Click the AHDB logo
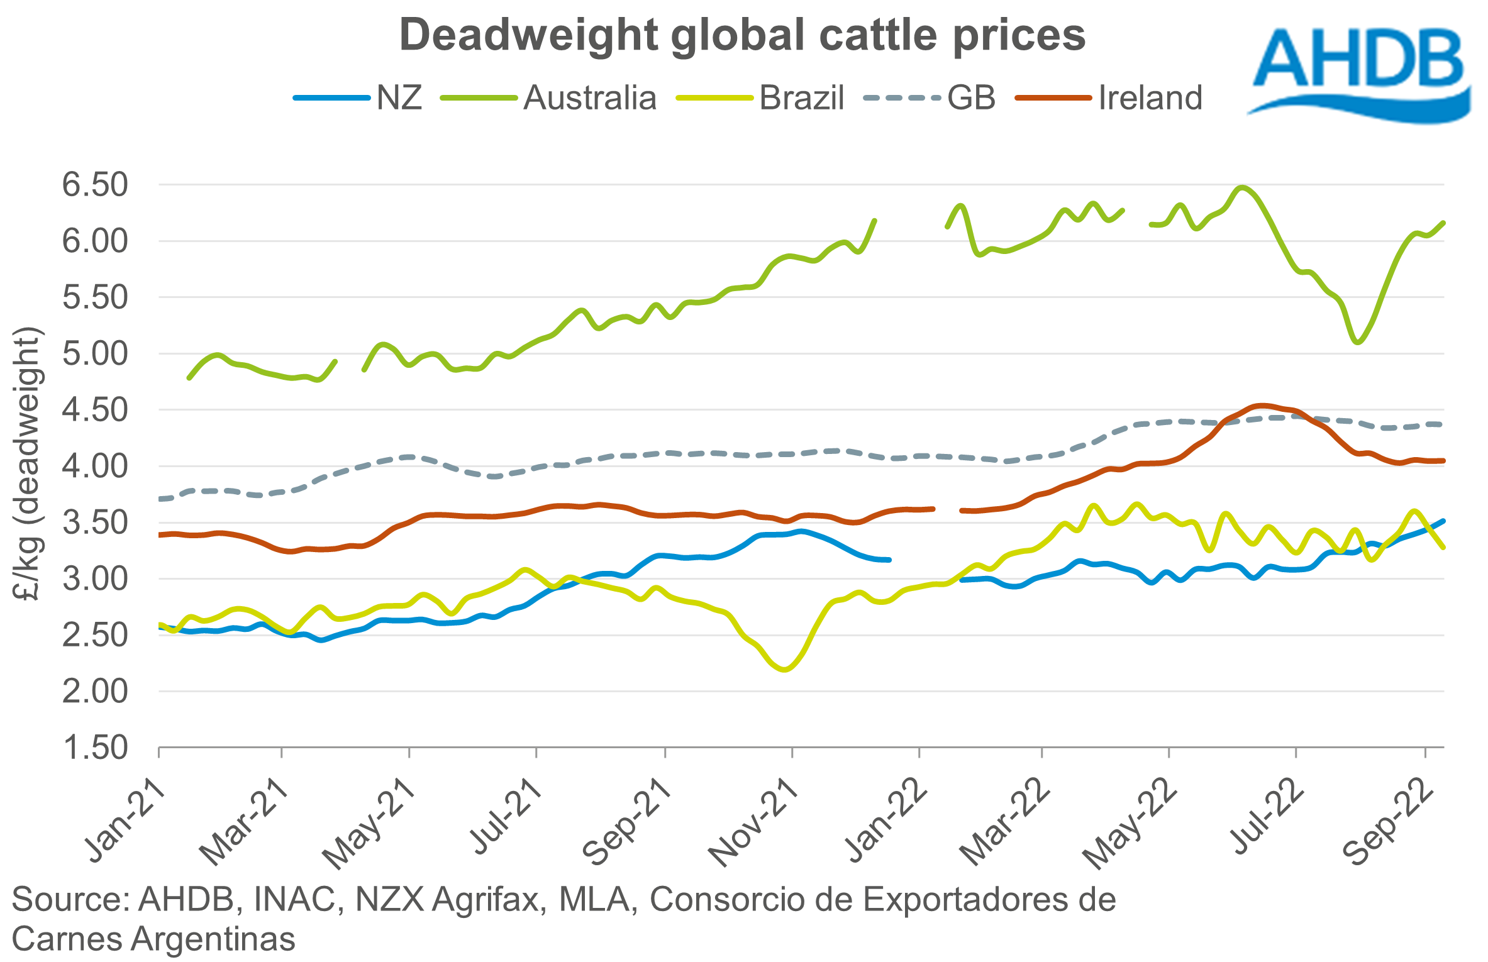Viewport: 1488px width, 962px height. coord(1358,72)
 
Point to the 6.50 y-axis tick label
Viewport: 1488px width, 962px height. coord(95,185)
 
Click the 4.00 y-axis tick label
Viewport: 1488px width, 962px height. coord(95,467)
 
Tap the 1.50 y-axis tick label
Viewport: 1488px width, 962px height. coord(95,748)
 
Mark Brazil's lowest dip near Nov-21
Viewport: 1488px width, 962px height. coord(784,670)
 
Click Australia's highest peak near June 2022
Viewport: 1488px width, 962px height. coord(1241,187)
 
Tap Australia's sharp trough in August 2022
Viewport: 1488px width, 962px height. coord(1357,342)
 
